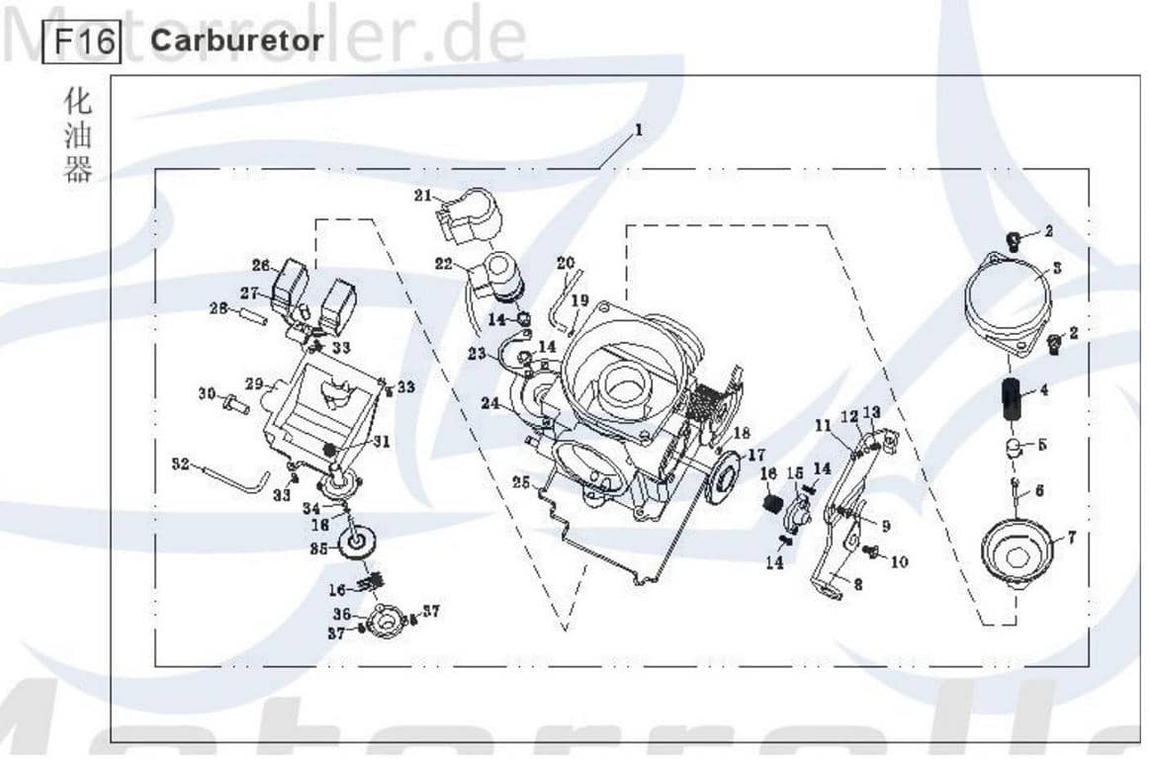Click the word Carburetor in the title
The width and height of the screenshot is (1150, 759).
(x=236, y=41)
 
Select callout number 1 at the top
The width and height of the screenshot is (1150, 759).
(x=639, y=129)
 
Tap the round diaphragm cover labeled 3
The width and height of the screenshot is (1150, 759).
(x=1006, y=294)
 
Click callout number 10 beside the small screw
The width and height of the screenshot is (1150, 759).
(x=899, y=561)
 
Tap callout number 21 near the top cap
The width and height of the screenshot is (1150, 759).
(x=423, y=196)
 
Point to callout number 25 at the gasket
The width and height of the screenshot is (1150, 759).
(x=520, y=481)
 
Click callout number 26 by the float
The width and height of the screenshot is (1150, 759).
(x=260, y=265)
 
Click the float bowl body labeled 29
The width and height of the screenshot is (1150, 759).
(x=316, y=410)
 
